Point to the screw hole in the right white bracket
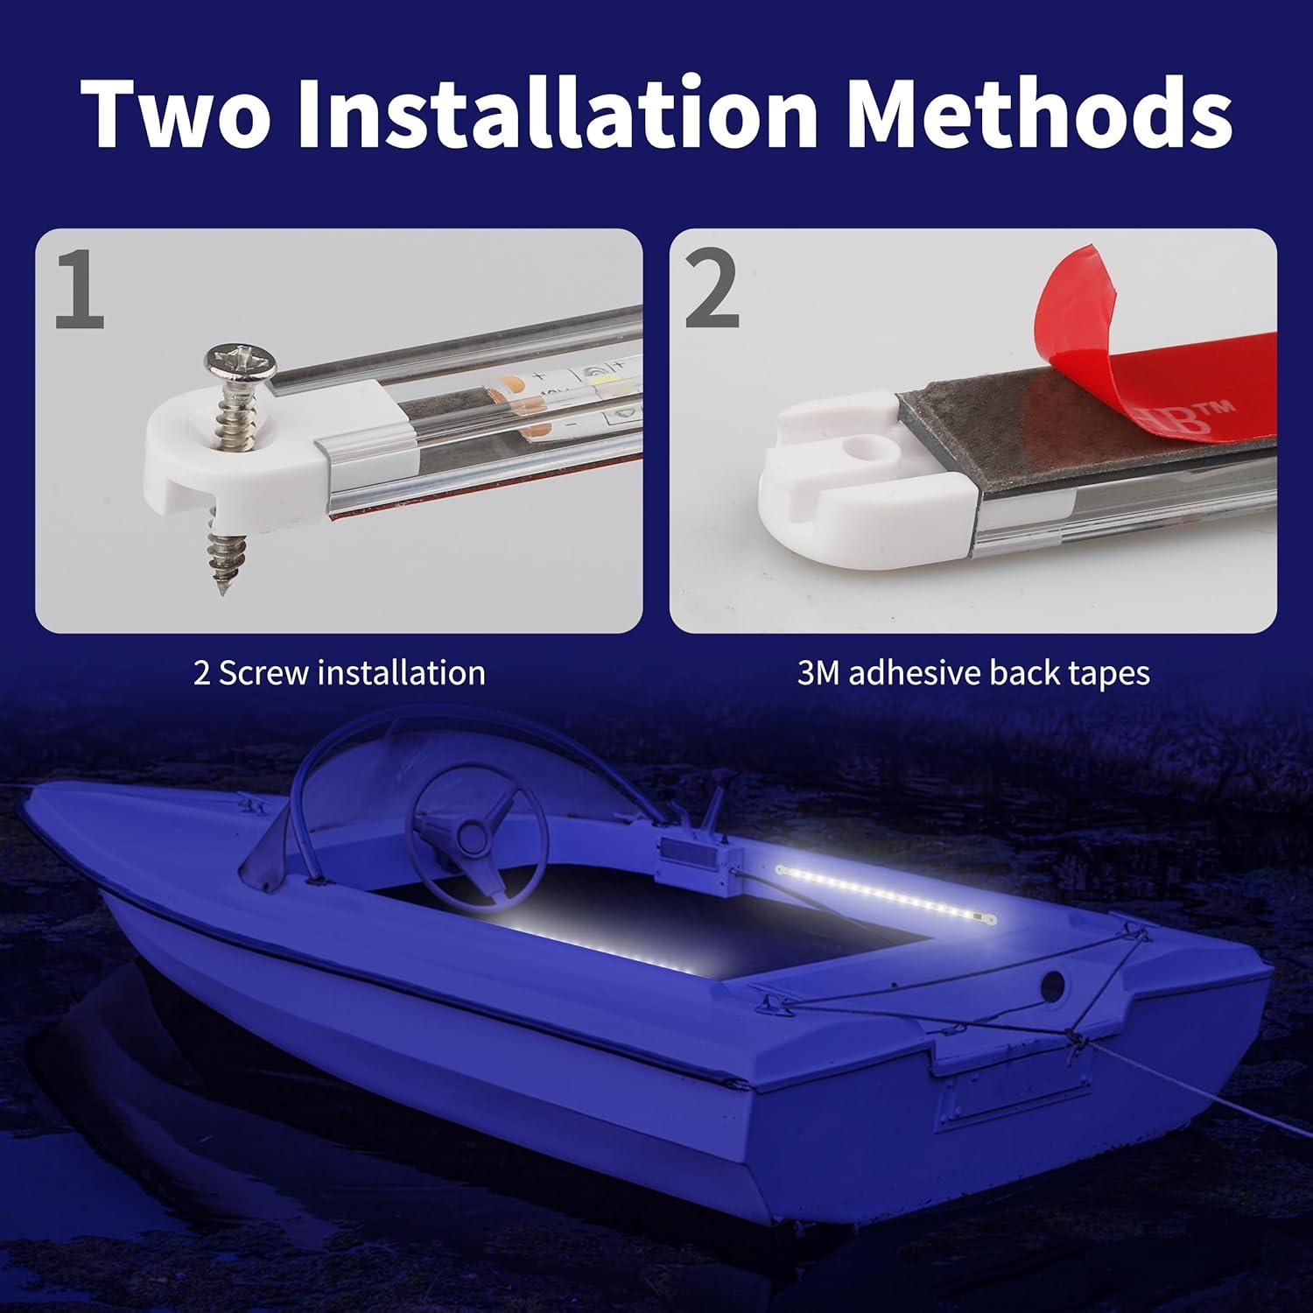pyautogui.click(x=866, y=455)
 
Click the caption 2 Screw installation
pyautogui.click(x=339, y=673)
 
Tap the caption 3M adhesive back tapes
pyautogui.click(x=973, y=673)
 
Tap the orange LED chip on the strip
pyautogui.click(x=511, y=385)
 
